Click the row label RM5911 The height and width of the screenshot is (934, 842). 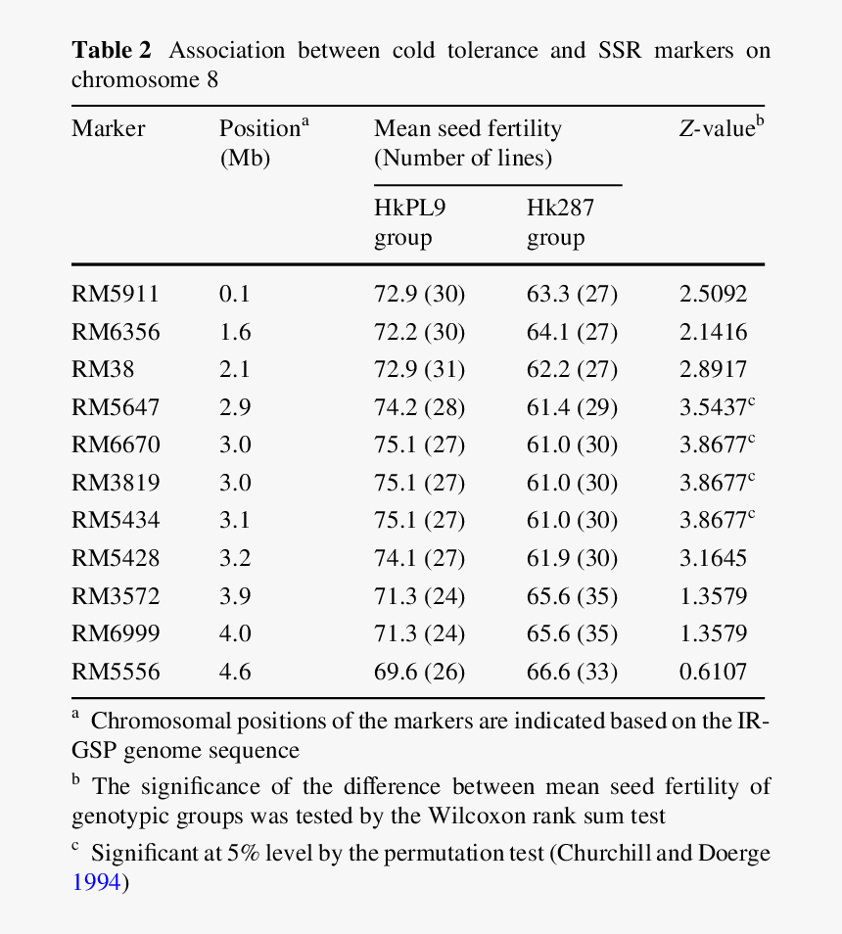tap(115, 295)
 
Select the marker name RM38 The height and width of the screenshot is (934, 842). tap(103, 370)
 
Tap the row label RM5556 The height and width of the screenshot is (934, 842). tap(115, 672)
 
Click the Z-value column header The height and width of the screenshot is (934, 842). tap(721, 128)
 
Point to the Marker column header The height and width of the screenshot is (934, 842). tap(108, 128)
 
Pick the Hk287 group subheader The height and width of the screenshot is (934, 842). tap(560, 222)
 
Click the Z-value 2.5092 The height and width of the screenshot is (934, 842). tap(713, 295)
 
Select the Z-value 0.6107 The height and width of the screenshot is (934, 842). tap(713, 672)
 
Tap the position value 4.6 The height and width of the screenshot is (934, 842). tap(235, 672)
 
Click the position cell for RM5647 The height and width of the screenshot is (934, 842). tap(235, 407)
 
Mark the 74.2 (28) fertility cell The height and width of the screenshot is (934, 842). tap(419, 407)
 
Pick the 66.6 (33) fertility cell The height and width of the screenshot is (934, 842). tap(572, 672)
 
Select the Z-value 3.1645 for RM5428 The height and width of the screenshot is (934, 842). tap(713, 559)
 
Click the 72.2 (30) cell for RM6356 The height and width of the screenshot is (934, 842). tap(419, 333)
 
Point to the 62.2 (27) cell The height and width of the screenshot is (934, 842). tap(572, 370)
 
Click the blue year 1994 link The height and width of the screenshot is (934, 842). tap(96, 882)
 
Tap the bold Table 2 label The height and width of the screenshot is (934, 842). tap(111, 51)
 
